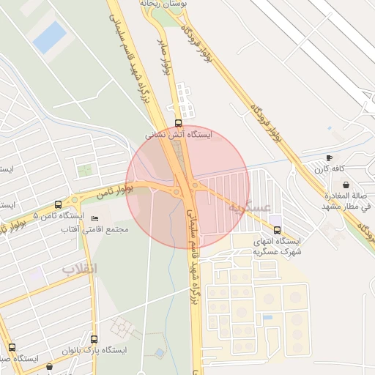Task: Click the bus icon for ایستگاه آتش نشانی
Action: [179, 123]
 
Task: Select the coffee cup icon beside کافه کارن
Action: [329, 157]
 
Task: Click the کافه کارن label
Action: [330, 169]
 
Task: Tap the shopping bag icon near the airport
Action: [345, 185]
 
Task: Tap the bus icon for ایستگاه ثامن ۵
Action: [59, 205]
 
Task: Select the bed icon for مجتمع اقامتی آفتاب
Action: [94, 219]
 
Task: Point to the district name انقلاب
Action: [78, 268]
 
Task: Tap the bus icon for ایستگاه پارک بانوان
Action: [94, 339]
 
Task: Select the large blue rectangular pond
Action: [50, 37]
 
